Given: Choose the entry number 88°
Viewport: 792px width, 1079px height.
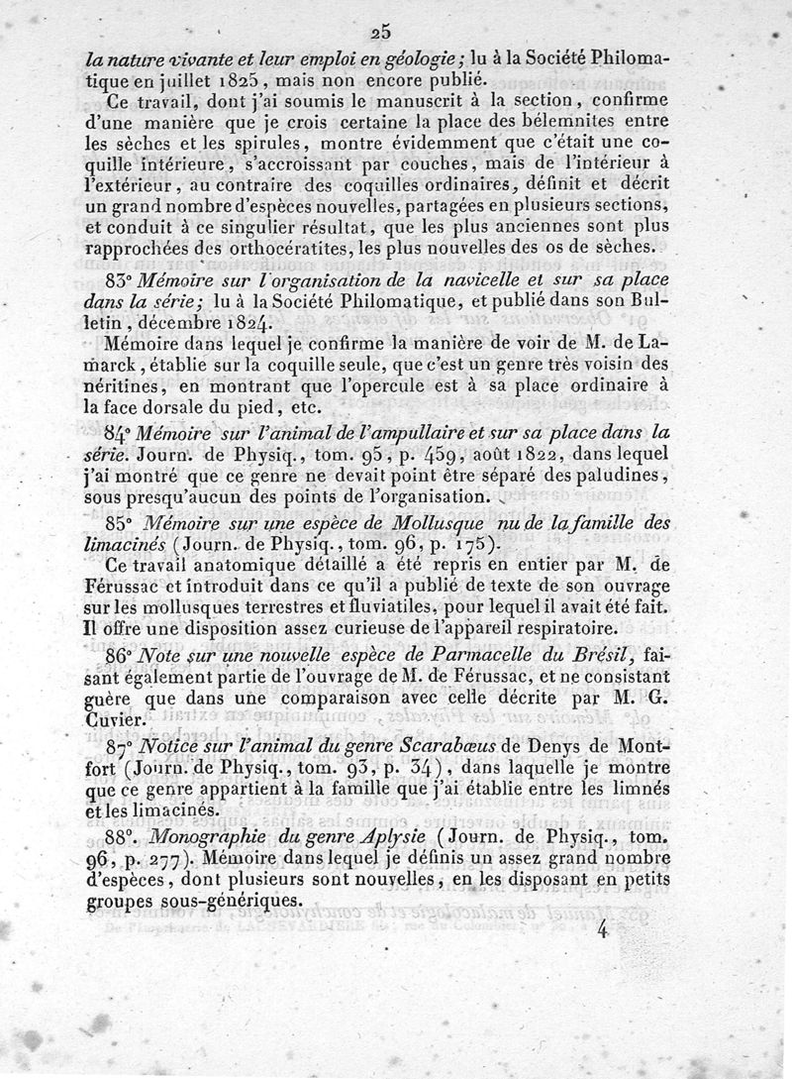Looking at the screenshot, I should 124,837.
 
